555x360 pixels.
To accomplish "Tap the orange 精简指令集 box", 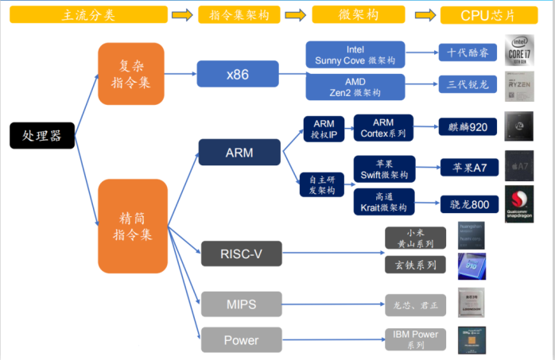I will (x=132, y=226).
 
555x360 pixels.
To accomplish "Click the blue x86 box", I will (x=237, y=74).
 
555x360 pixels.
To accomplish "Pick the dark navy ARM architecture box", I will (x=239, y=152).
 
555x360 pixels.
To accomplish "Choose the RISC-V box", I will (x=241, y=254).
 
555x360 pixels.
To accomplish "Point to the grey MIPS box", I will (x=241, y=303).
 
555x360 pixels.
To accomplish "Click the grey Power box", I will (x=241, y=340).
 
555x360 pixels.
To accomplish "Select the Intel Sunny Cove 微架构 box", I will (x=355, y=54).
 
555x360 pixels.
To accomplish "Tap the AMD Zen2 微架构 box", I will (x=355, y=87).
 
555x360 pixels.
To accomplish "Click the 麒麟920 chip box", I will (x=468, y=127).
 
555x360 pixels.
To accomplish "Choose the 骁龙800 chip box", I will (x=469, y=204).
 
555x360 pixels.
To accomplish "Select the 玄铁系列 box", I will (x=415, y=263).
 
